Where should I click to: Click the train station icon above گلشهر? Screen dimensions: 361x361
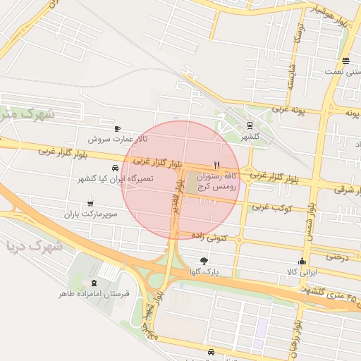pos(249,126)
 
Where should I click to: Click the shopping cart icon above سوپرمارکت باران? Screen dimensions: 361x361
pos(90,204)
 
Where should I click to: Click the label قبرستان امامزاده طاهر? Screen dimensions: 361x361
pos(95,293)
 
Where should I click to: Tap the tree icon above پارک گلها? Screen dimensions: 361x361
pos(204,260)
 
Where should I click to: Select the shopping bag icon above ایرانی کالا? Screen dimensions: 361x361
pos(302,261)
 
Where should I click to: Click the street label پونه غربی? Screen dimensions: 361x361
pos(287,110)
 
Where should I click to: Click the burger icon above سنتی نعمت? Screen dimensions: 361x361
pos(345,61)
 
